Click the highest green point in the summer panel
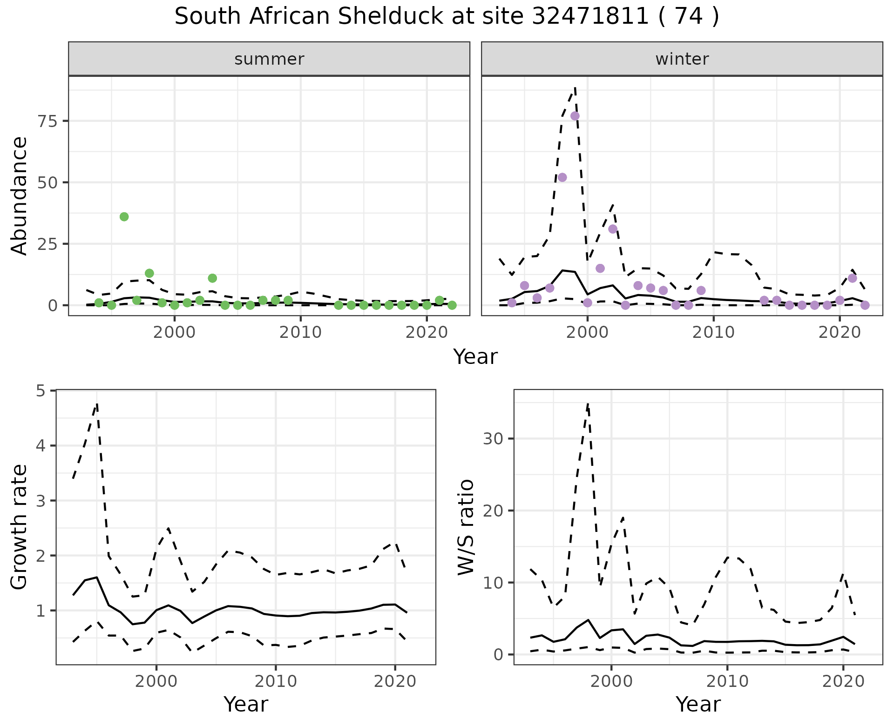click(124, 217)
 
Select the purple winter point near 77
click(575, 116)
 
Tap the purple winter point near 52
click(562, 177)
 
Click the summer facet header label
click(269, 59)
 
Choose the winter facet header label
click(682, 59)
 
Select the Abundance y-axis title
click(20, 195)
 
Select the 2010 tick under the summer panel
click(300, 332)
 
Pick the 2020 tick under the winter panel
click(839, 332)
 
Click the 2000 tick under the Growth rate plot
click(156, 682)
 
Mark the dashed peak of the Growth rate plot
click(97, 403)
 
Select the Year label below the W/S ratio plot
click(698, 705)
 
